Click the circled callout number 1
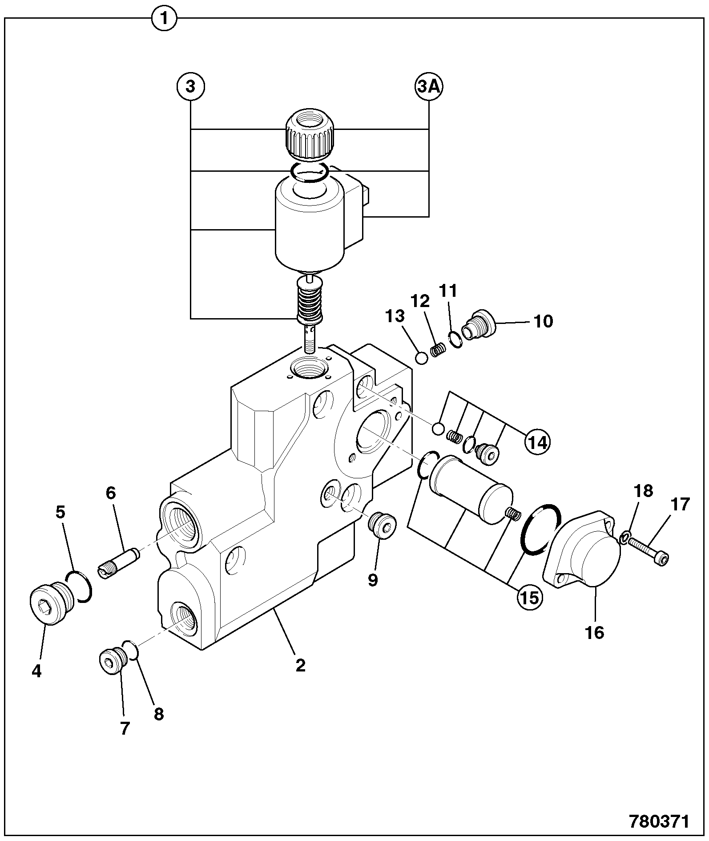pos(164,19)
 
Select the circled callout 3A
pos(429,87)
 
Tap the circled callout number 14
pos(536,442)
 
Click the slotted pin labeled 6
pos(118,563)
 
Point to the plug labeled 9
pos(382,526)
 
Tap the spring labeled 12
pos(439,348)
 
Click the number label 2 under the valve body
pos(301,666)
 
